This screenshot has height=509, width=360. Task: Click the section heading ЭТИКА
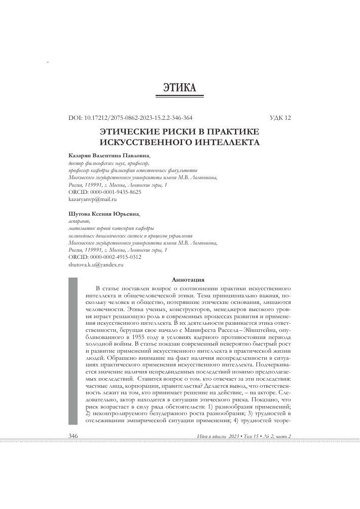tap(179, 88)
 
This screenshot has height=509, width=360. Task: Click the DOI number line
tap(130, 118)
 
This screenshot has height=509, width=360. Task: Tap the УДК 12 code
tap(281, 118)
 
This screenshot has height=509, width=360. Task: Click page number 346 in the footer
tap(74, 436)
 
